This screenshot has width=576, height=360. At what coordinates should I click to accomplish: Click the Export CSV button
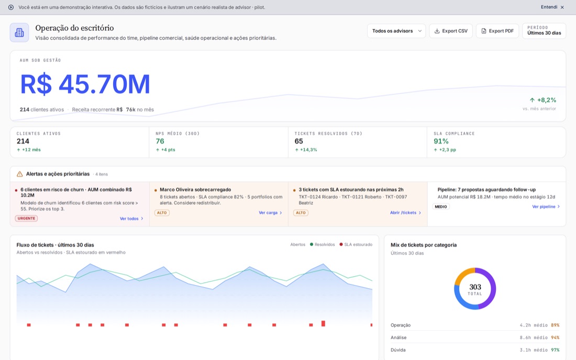pos(451,31)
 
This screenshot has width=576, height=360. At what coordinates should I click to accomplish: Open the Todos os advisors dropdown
pos(396,31)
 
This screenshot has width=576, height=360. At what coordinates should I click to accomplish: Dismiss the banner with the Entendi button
pos(552,7)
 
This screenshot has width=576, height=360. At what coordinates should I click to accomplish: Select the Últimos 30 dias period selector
pos(544,31)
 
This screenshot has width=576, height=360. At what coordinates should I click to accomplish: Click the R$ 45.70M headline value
pos(85,84)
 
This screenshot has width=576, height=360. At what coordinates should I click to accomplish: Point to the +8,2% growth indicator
pos(542,100)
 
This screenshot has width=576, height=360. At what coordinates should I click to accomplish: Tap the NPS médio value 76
pos(160,141)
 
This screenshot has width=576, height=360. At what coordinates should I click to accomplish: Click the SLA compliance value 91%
pos(441,141)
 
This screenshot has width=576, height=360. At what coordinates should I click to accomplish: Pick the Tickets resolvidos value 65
pos(298,141)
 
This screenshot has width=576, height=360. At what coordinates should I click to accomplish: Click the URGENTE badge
pos(27,219)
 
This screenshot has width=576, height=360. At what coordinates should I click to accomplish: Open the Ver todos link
pos(131,219)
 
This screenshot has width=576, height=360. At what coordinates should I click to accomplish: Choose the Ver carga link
pos(270,213)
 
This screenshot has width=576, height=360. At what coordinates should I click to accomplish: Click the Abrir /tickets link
pos(405,213)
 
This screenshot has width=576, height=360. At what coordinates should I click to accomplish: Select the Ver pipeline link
pos(546,206)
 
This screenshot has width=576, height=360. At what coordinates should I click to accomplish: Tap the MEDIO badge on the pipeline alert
pos(441,206)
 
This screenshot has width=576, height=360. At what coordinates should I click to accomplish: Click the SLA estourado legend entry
pos(356,245)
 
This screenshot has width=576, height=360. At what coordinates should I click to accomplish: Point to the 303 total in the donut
pos(475,287)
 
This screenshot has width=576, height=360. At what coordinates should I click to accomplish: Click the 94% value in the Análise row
pos(555,337)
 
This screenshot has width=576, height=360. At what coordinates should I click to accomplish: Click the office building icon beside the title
pos(19,32)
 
